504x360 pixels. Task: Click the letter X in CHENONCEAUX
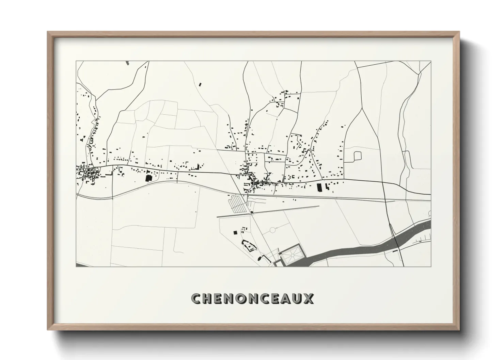[308, 298]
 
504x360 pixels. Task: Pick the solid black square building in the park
[235, 232]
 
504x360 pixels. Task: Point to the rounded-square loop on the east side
[358, 156]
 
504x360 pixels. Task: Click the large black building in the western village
[148, 178]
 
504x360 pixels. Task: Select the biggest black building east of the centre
[319, 187]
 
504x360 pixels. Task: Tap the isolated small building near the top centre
[200, 84]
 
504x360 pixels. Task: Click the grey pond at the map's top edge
[127, 63]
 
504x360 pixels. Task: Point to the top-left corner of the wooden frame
[49, 33]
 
